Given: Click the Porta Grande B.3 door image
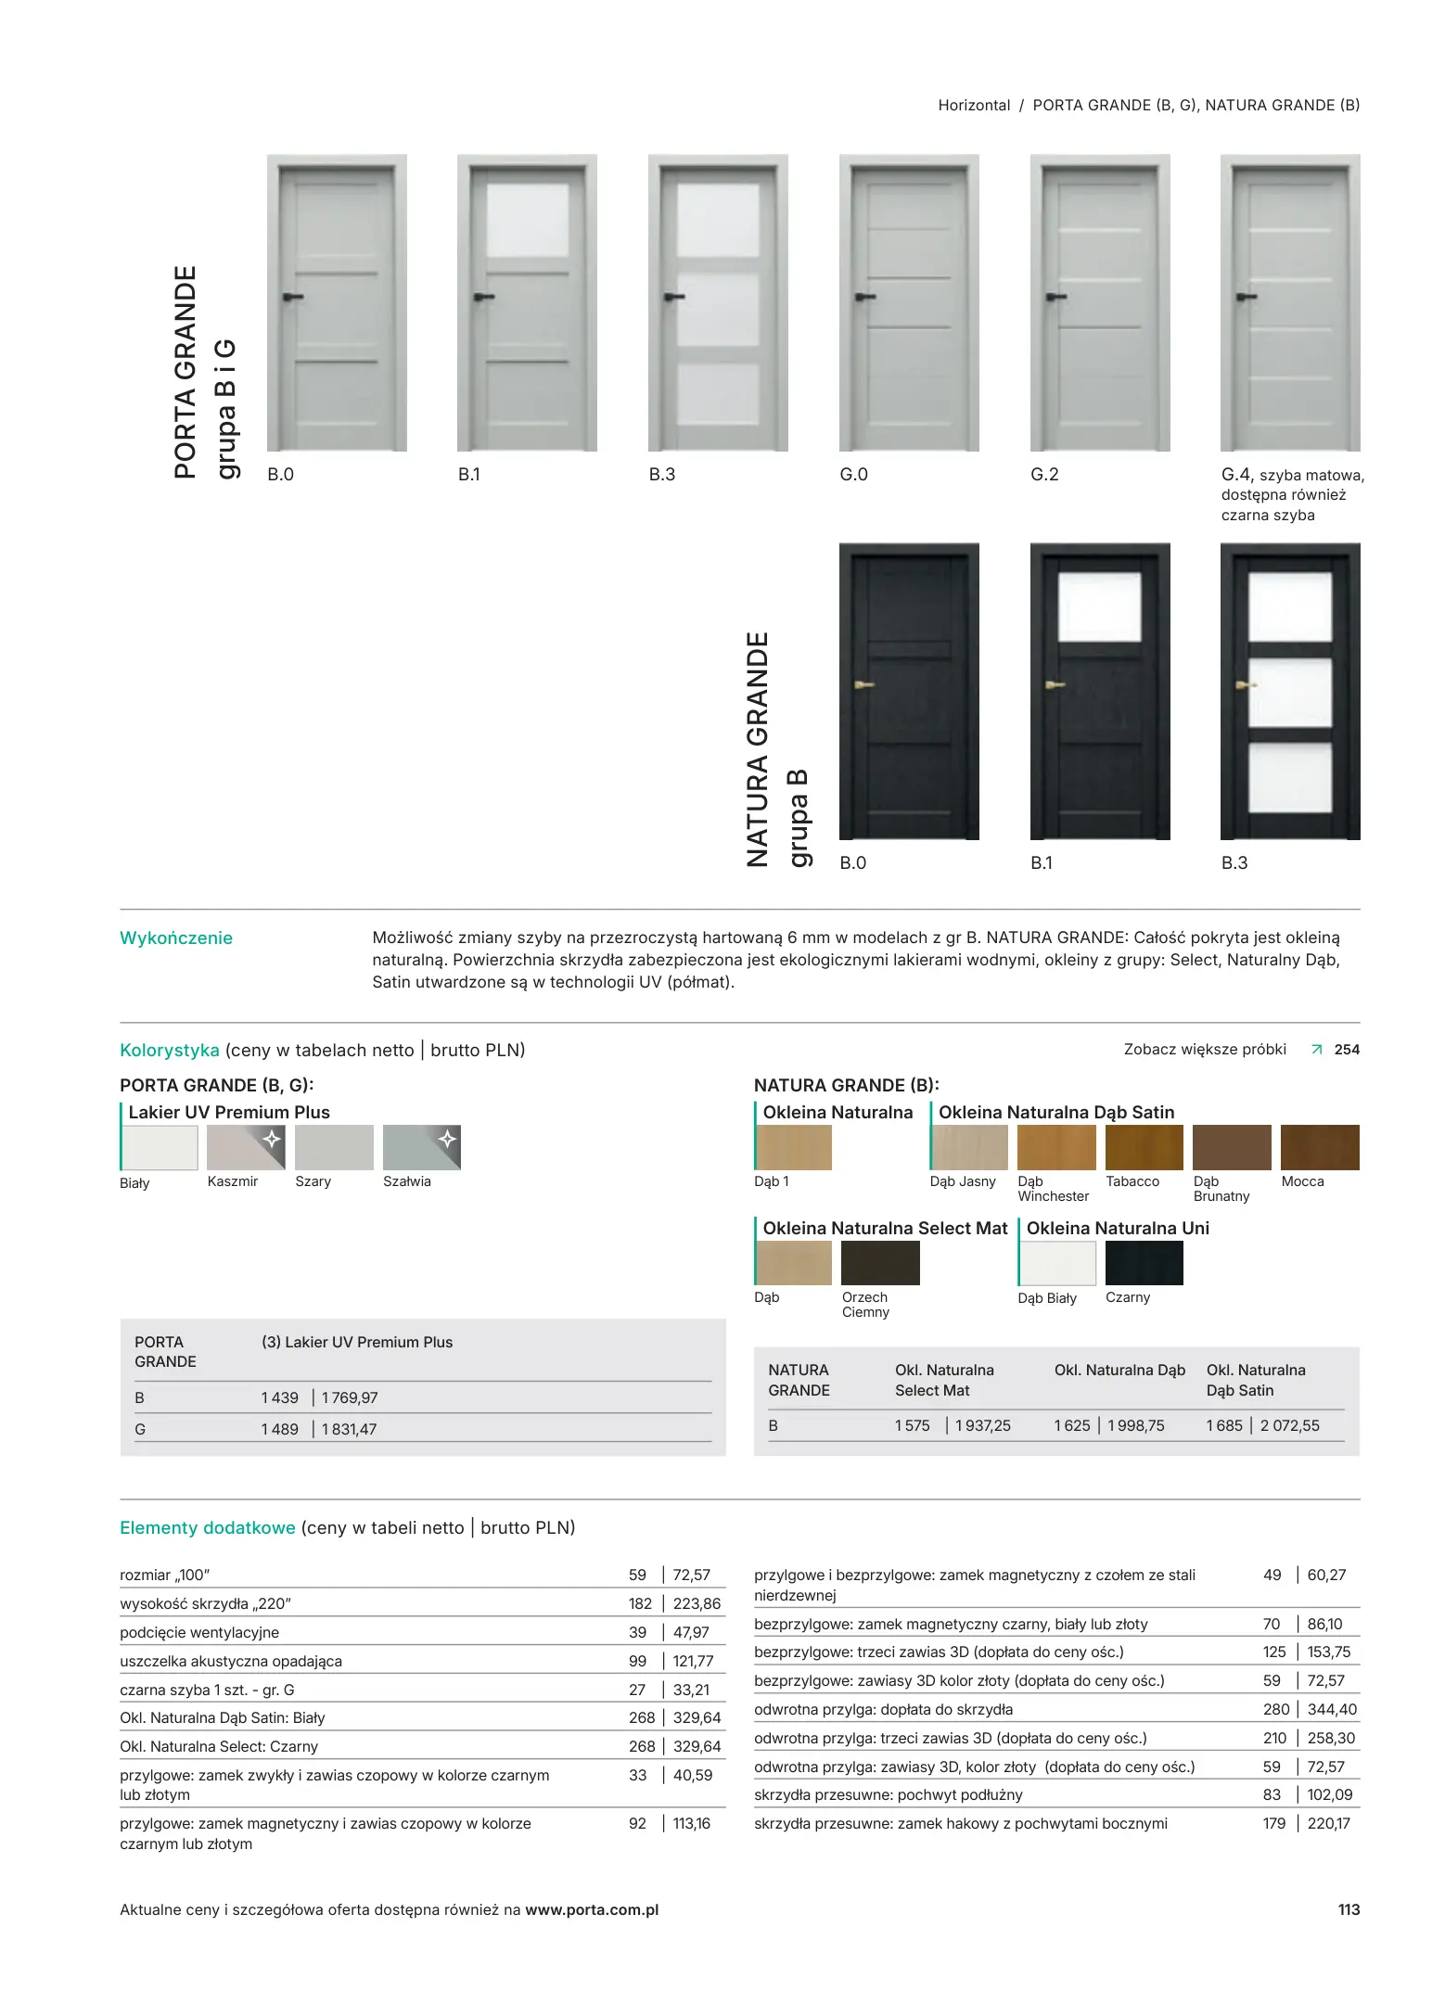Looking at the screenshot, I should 718,302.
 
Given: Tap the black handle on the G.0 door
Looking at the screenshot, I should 864,297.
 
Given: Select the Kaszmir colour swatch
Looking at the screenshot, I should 246,1147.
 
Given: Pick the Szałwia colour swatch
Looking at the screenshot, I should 421,1147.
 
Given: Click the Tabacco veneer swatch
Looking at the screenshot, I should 1144,1147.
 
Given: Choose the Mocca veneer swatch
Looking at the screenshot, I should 1319,1147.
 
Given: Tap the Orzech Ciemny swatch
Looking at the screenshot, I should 880,1263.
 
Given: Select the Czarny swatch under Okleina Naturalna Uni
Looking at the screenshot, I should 1144,1263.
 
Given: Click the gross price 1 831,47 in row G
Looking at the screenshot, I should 349,1429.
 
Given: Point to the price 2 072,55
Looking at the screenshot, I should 1289,1425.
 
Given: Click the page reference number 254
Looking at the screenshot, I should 1347,1050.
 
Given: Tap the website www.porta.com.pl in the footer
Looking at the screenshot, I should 592,1909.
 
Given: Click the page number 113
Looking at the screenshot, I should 1349,1909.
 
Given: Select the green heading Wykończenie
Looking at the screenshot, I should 176,938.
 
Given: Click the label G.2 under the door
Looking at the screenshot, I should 1044,475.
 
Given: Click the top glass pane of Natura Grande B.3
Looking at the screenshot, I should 1290,606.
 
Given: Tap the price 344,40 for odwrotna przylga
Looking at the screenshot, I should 1332,1709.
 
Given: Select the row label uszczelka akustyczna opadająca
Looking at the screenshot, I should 231,1661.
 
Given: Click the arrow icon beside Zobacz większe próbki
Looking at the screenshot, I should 1316,1050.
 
